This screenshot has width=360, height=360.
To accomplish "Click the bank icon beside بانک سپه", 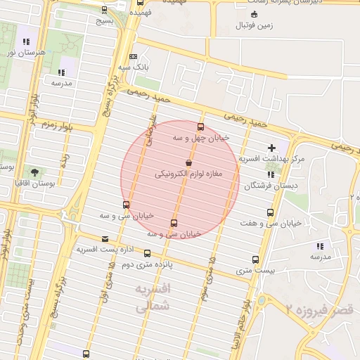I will pos(134,57).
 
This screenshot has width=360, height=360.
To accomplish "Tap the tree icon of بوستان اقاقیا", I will pos(34,172).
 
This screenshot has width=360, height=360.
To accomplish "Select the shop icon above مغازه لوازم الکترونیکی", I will pos(188,162).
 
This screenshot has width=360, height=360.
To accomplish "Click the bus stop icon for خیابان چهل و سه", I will pos(201,127).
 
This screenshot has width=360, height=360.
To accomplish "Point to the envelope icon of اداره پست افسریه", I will pos(105,239).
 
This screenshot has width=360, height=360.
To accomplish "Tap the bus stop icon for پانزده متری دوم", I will pos(147,253).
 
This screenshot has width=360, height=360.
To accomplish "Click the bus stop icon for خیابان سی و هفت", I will pos(270,212).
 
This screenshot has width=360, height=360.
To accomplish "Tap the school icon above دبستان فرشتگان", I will pos(271,175).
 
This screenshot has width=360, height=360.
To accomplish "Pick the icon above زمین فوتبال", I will pos(254,15).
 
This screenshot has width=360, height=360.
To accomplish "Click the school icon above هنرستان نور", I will pos(27,41).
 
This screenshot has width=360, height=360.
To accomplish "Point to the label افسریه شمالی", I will pos(151,298).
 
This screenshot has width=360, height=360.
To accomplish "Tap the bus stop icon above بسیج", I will pos(105,10).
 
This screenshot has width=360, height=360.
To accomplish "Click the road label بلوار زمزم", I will pos(57,125).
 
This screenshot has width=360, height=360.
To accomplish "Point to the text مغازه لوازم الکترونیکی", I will pos(188,173).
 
